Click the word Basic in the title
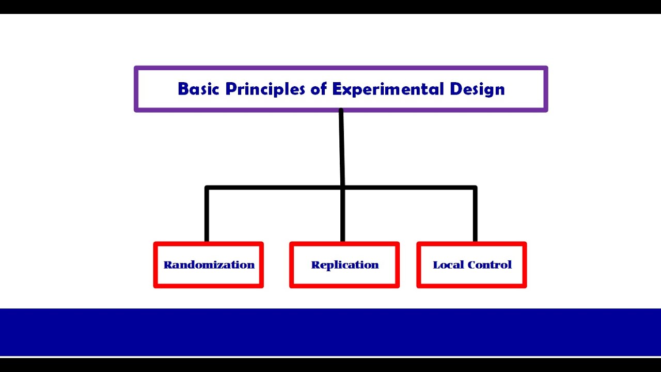[199, 89]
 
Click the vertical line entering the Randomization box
[207, 217]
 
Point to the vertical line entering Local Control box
[475, 217]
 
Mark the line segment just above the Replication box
[342, 217]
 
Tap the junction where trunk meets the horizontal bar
[342, 188]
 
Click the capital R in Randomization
[168, 265]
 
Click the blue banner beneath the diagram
[330, 332]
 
